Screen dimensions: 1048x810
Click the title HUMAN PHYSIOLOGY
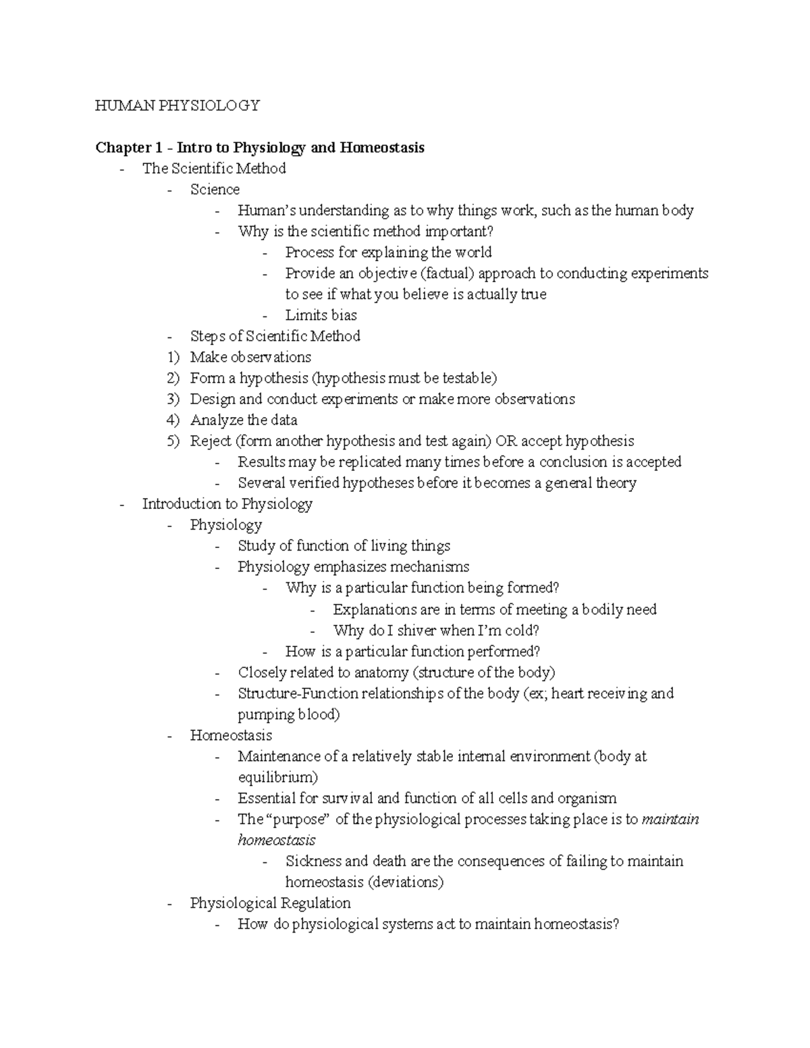(178, 105)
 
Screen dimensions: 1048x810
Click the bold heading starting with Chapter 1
(260, 147)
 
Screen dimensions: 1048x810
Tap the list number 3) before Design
(173, 399)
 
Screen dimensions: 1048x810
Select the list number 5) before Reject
(173, 441)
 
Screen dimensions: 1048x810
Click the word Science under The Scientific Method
(215, 190)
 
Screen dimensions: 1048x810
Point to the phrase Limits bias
(321, 315)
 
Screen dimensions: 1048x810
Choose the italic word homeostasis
(277, 840)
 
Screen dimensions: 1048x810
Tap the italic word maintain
(670, 819)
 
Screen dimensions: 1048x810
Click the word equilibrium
(277, 777)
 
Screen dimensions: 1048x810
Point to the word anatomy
(381, 672)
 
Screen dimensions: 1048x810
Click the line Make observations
(250, 357)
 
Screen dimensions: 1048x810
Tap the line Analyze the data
(244, 420)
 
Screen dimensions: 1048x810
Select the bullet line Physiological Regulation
(270, 903)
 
